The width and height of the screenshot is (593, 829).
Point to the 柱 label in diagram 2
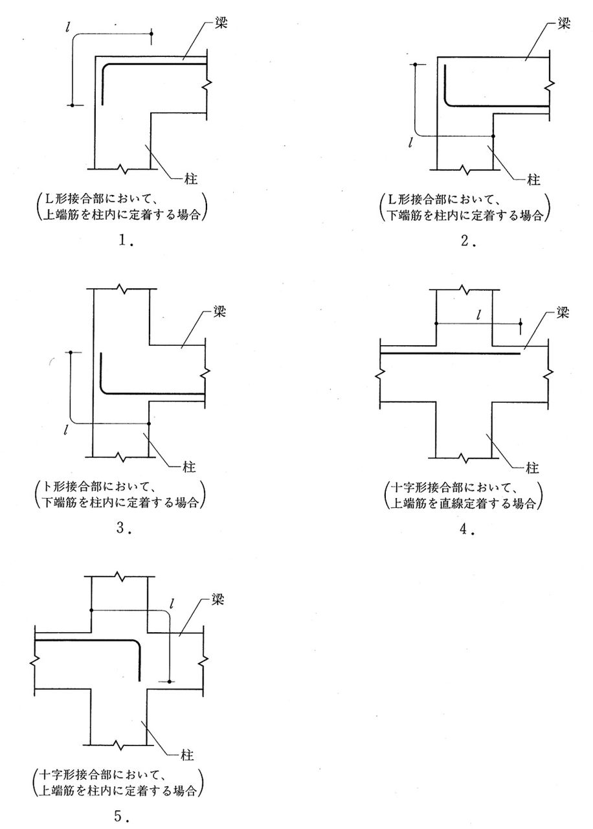(x=533, y=179)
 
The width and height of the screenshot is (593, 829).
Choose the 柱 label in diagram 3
(x=190, y=466)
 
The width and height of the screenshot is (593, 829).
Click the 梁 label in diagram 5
(x=218, y=600)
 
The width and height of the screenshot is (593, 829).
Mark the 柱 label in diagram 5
(x=190, y=755)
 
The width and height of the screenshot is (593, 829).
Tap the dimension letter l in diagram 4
(x=478, y=315)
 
